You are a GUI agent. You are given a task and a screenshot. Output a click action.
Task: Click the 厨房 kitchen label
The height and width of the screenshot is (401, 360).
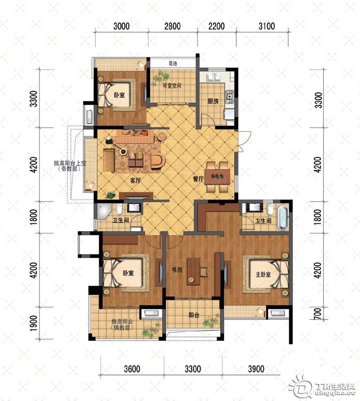213,101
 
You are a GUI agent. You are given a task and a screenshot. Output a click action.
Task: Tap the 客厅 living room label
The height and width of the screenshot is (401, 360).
135,180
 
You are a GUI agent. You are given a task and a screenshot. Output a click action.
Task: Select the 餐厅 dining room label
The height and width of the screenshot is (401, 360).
198,179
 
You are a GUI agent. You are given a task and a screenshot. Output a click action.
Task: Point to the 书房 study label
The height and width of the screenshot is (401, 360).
177,270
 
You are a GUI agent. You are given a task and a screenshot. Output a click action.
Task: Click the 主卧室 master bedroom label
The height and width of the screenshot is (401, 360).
263,274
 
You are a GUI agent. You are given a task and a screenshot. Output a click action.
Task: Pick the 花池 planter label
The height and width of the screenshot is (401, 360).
173,63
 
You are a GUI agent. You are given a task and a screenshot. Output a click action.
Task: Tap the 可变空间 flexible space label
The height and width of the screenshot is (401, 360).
172,85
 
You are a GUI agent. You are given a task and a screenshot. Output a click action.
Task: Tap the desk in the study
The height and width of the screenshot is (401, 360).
194,271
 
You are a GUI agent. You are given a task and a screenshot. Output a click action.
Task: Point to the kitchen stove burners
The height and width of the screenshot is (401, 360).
230,96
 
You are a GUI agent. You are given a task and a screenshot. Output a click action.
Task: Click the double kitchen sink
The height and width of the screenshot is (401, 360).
214,77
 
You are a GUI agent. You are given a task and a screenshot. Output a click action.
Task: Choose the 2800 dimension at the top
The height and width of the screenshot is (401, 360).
172,26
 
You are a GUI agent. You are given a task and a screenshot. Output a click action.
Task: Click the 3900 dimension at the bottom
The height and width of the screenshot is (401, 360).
256,369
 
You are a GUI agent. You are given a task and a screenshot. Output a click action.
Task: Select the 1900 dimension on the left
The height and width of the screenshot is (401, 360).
34,323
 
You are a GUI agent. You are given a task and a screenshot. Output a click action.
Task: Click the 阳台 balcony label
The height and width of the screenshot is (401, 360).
194,315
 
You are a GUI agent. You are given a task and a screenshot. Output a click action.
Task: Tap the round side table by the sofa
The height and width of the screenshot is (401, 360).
161,136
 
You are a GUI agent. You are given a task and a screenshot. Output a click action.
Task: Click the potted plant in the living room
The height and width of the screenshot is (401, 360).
110,195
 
